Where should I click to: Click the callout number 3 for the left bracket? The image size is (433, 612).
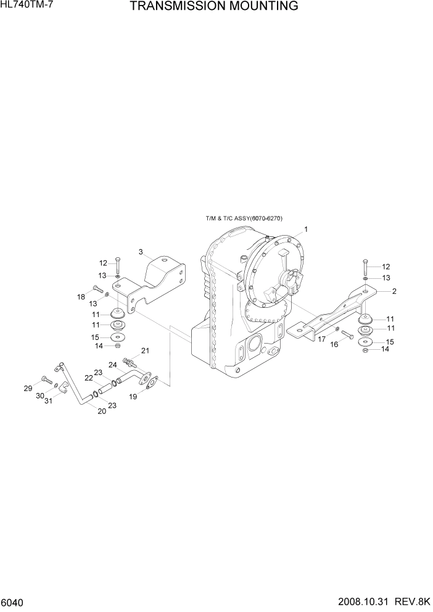click(x=141, y=252)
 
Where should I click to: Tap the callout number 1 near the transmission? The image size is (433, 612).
click(x=306, y=229)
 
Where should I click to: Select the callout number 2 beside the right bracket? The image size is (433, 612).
click(x=394, y=291)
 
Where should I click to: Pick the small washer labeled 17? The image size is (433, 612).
click(x=337, y=329)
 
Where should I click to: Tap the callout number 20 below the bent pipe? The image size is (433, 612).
click(x=102, y=411)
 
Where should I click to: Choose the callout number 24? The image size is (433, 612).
click(x=113, y=364)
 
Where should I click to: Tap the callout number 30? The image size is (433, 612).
click(x=39, y=395)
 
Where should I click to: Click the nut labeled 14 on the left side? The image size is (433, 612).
click(x=117, y=345)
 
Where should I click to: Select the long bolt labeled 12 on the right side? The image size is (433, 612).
click(x=366, y=268)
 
